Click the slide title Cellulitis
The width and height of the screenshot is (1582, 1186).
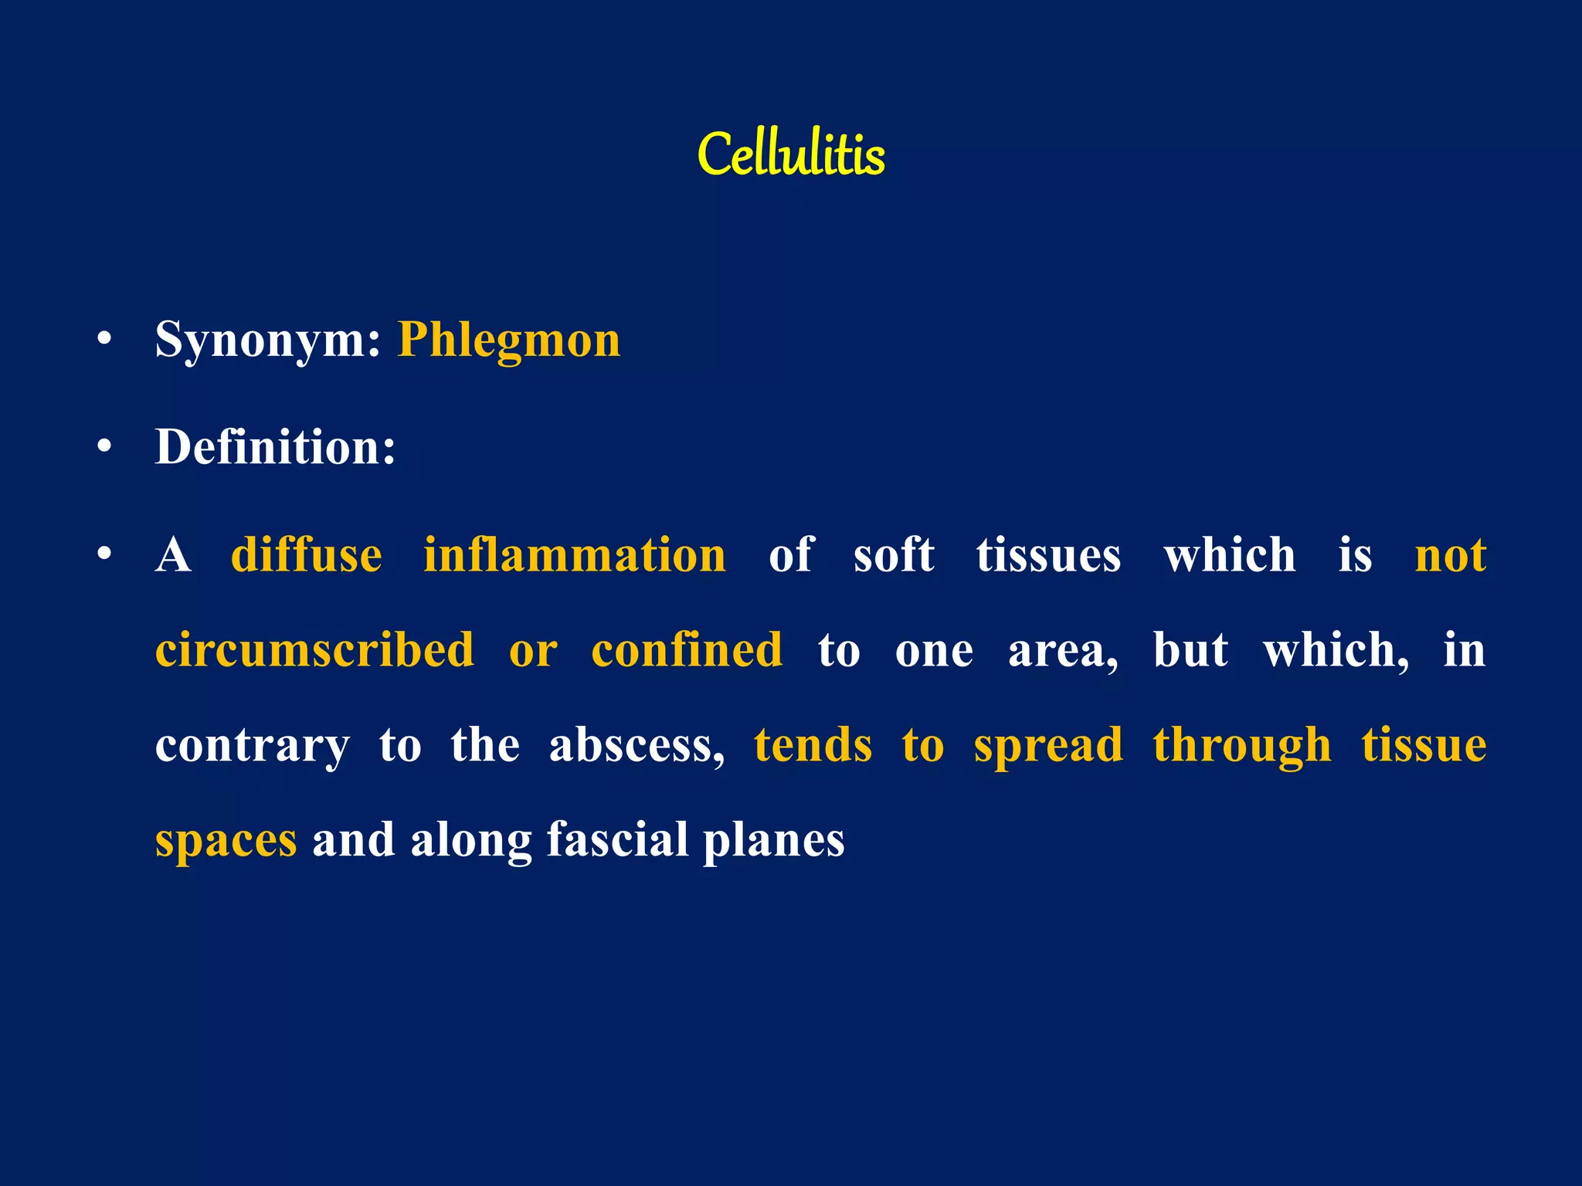pyautogui.click(x=791, y=154)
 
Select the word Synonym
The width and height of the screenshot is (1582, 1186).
pyautogui.click(x=267, y=340)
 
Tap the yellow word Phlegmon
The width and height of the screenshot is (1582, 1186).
pyautogui.click(x=508, y=340)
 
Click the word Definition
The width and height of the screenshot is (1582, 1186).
pyautogui.click(x=275, y=446)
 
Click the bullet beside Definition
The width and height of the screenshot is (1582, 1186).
pyautogui.click(x=105, y=446)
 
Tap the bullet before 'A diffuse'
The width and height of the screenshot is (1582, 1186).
pyautogui.click(x=105, y=554)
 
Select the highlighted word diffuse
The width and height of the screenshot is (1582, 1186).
pyautogui.click(x=306, y=554)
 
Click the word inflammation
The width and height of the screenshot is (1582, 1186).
pyautogui.click(x=575, y=554)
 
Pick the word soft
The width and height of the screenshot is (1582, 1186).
pyautogui.click(x=894, y=554)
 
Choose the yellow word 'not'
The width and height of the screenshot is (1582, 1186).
pyautogui.click(x=1450, y=556)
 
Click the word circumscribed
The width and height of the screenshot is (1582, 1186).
pyautogui.click(x=314, y=649)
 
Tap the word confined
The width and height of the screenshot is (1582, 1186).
pyautogui.click(x=687, y=649)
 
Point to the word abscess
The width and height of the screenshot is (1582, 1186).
pyautogui.click(x=637, y=745)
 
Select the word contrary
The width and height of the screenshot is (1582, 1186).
pyautogui.click(x=252, y=747)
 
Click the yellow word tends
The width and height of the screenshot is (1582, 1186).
pyautogui.click(x=813, y=745)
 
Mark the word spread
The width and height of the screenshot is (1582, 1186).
pyautogui.click(x=1048, y=747)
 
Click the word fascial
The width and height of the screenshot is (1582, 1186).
pyautogui.click(x=617, y=839)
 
